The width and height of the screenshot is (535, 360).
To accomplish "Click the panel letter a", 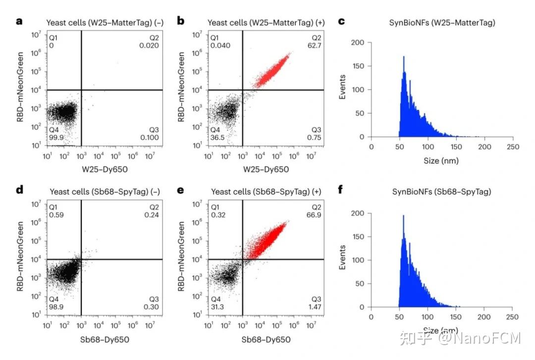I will coord(19,22).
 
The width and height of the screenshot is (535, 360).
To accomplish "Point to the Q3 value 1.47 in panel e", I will coord(313,308).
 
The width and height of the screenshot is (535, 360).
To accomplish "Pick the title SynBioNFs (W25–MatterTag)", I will coord(442,22).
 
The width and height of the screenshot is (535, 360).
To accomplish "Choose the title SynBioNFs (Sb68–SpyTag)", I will coord(442,192).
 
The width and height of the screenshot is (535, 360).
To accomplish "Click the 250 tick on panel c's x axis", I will coord(513,147).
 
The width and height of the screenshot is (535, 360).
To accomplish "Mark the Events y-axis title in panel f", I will coord(342,260).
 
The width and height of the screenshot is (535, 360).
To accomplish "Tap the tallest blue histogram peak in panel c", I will coord(404,58).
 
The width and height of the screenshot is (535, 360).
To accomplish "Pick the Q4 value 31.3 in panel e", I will coord(216,308).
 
